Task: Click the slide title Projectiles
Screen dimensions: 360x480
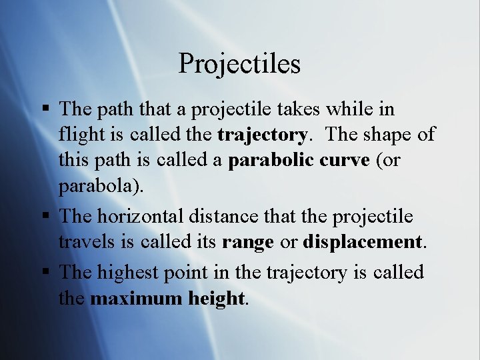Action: [239, 64]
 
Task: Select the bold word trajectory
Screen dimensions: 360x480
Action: [262, 135]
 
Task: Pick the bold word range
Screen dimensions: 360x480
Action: [248, 243]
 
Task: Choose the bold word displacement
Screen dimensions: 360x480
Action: [363, 243]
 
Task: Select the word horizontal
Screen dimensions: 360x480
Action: [137, 216]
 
